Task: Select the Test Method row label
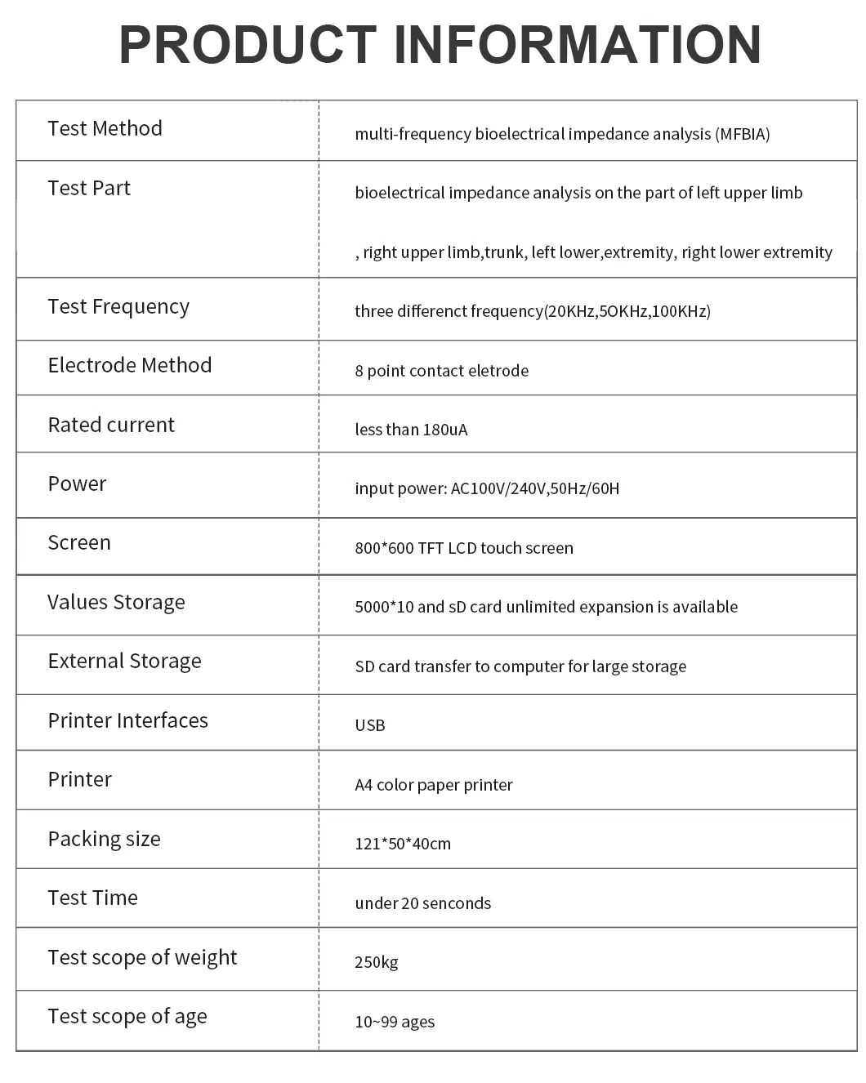click(x=105, y=128)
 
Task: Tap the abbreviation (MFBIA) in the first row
click(x=743, y=134)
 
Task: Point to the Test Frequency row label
click(x=118, y=306)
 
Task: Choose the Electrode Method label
click(x=130, y=365)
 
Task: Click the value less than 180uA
click(x=411, y=430)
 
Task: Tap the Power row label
click(x=77, y=484)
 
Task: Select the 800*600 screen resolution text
click(x=384, y=548)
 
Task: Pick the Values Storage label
click(x=116, y=602)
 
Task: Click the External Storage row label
click(x=124, y=661)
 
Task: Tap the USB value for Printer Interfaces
click(x=370, y=725)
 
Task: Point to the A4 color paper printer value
click(x=434, y=785)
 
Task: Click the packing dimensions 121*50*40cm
click(x=403, y=844)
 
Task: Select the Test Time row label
click(x=92, y=898)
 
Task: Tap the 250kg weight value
click(x=377, y=962)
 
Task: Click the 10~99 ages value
click(x=395, y=1022)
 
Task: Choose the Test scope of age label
click(x=127, y=1016)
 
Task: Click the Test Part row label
click(x=89, y=188)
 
